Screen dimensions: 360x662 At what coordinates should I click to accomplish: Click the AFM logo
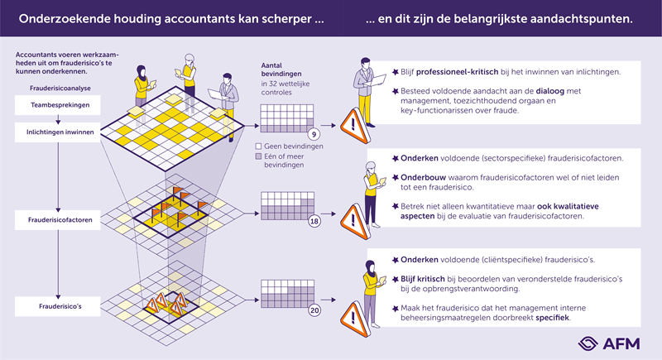click(608, 344)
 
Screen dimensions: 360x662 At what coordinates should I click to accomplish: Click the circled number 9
click(314, 134)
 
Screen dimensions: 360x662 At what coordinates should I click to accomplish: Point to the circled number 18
click(314, 222)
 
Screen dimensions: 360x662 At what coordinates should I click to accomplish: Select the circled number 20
click(314, 310)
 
